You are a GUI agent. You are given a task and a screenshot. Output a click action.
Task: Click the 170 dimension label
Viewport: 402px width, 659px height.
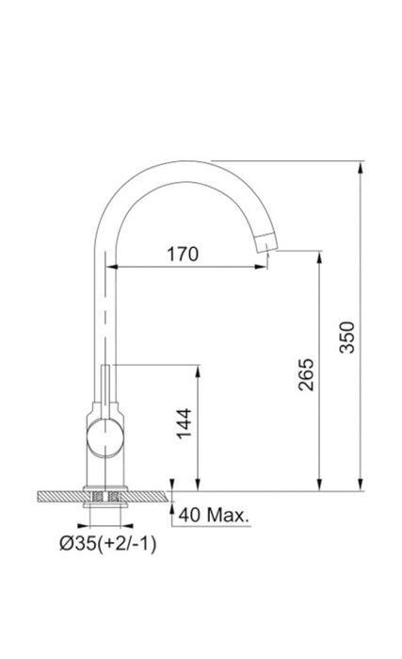183,254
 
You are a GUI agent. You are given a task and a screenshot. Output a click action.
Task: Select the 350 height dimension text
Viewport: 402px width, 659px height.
347,338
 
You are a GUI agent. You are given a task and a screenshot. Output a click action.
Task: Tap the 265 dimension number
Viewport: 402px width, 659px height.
306,374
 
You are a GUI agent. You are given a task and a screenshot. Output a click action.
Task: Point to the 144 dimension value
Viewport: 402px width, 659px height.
184,423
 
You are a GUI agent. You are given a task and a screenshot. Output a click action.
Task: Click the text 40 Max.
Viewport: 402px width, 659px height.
214,515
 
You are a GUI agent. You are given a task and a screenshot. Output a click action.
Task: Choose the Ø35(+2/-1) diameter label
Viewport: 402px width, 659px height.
108,544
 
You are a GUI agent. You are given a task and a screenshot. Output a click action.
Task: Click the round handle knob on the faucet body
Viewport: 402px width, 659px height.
105,438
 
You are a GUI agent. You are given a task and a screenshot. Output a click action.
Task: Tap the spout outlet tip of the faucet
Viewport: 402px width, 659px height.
266,242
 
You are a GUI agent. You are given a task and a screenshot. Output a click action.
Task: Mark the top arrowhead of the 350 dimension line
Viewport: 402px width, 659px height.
360,167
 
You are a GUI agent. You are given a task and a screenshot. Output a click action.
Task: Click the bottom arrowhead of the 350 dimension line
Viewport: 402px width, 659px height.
360,485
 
